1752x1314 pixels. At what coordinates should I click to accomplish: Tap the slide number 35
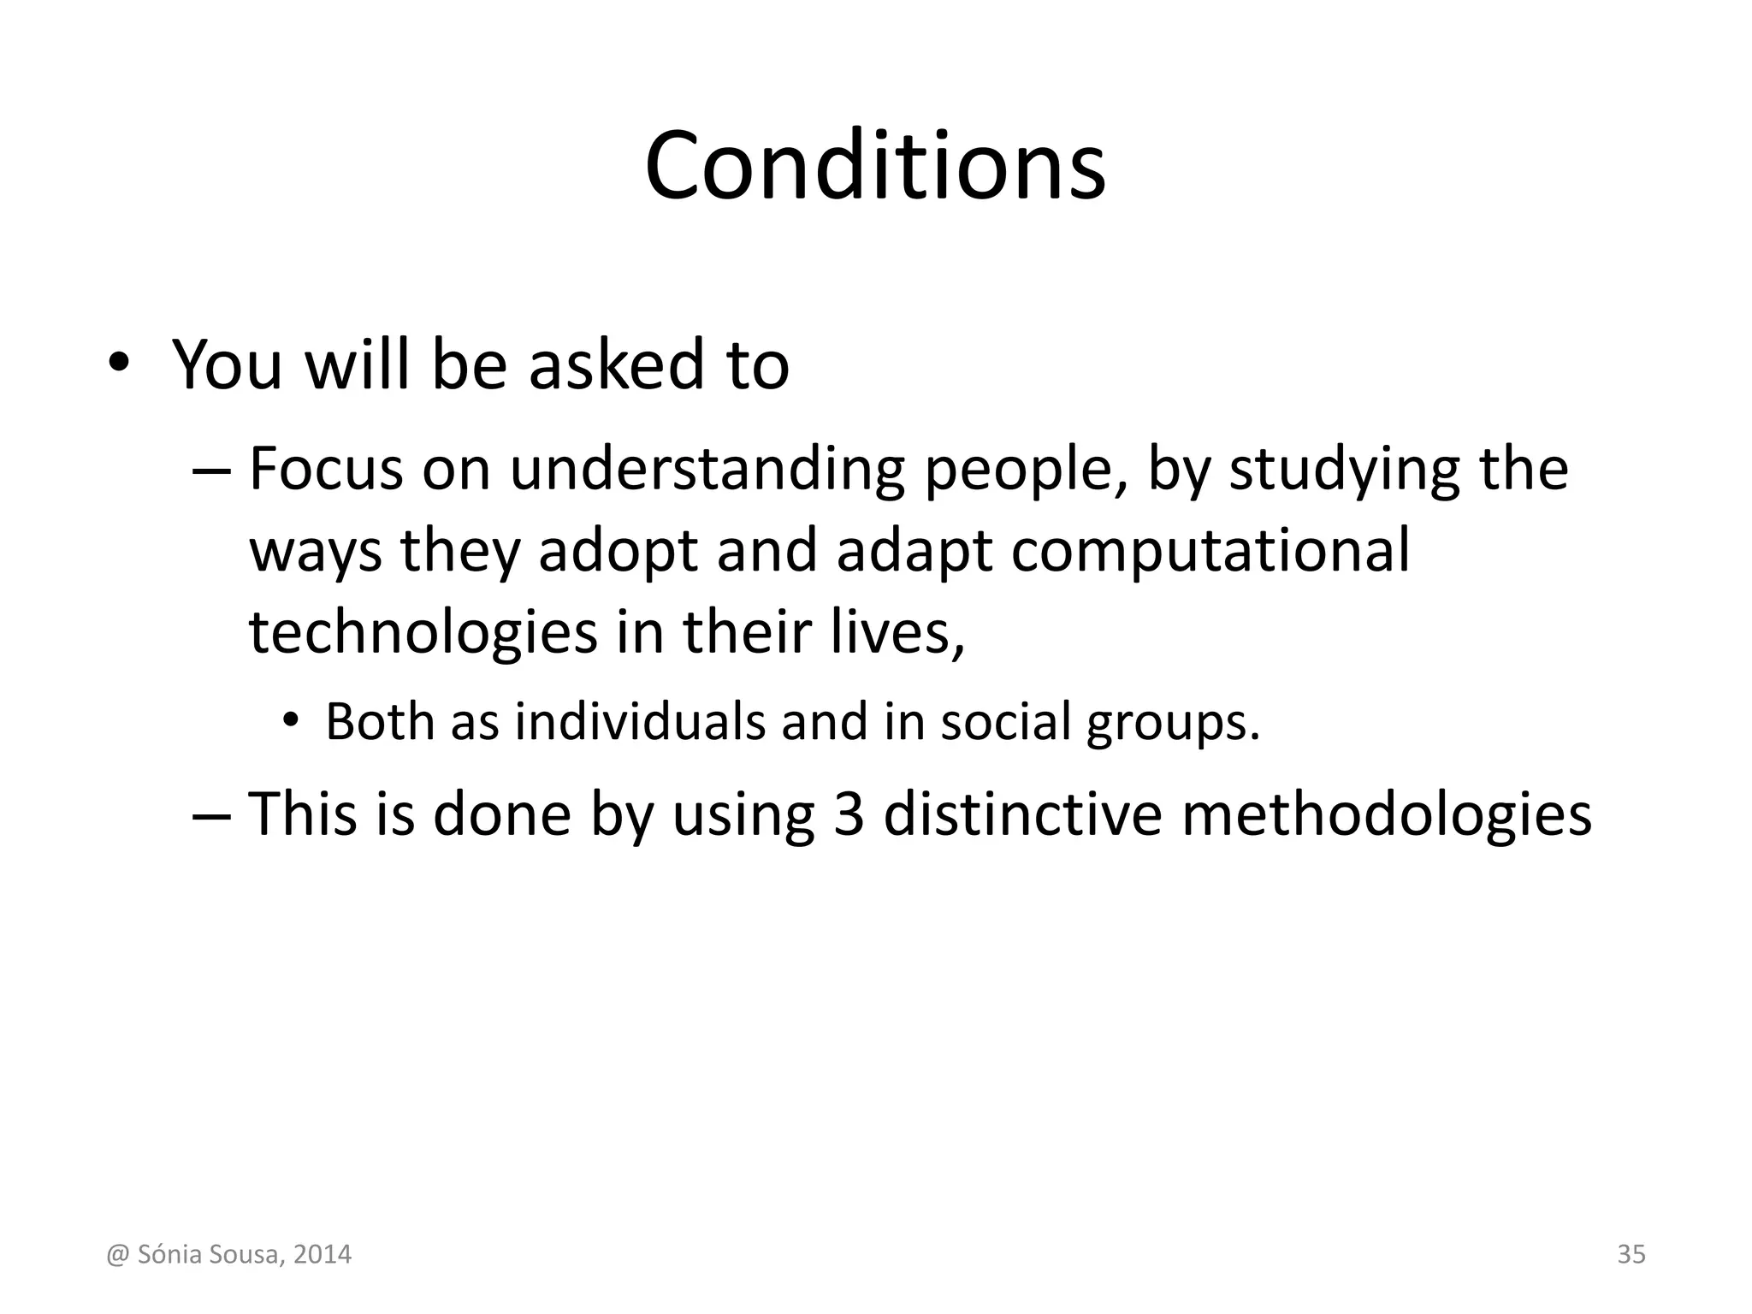coord(1631,1254)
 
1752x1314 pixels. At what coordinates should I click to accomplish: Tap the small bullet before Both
coord(291,720)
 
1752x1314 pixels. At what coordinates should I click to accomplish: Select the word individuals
coord(640,721)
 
